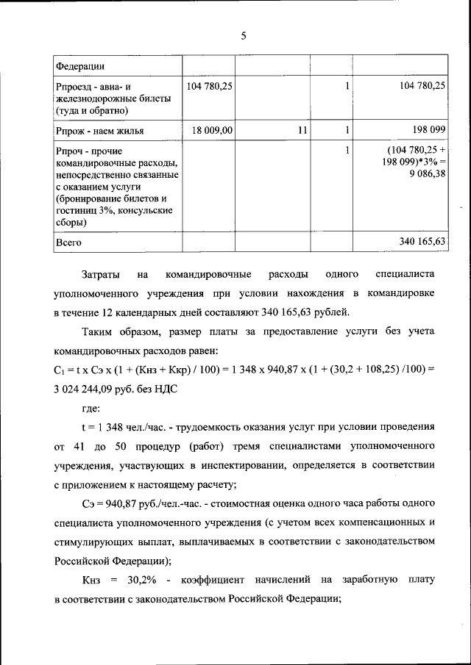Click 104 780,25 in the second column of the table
(210, 86)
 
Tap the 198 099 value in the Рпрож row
(428, 130)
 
